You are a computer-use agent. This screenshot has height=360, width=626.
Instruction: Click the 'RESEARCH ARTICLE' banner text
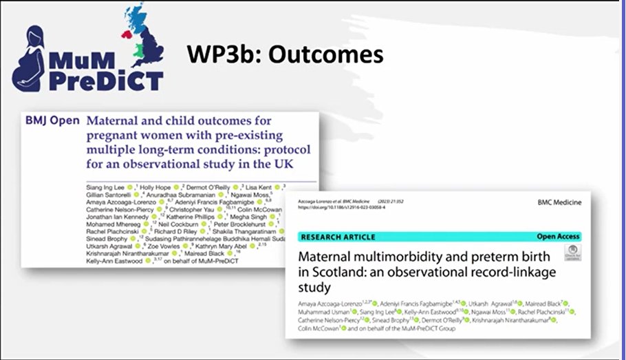[338, 237]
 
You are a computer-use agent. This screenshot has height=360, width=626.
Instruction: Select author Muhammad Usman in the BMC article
[323, 311]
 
